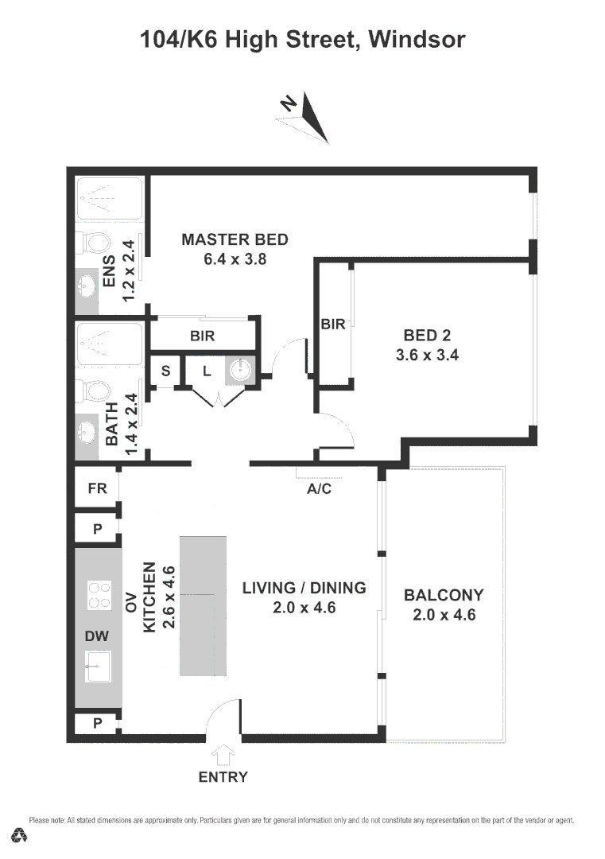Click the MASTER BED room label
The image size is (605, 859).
click(x=235, y=239)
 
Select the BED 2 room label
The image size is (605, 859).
click(x=427, y=336)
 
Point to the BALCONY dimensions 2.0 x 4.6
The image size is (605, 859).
click(x=444, y=614)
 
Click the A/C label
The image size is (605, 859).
click(x=319, y=489)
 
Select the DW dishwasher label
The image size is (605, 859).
click(x=96, y=636)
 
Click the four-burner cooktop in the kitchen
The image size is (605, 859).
click(x=99, y=595)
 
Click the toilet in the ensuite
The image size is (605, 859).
click(x=96, y=241)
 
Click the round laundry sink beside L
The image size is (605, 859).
click(x=240, y=370)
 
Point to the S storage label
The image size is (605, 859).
click(x=166, y=371)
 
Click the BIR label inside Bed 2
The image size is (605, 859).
click(x=332, y=324)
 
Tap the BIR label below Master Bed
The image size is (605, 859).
click(x=203, y=336)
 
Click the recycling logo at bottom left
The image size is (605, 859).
click(x=20, y=835)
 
